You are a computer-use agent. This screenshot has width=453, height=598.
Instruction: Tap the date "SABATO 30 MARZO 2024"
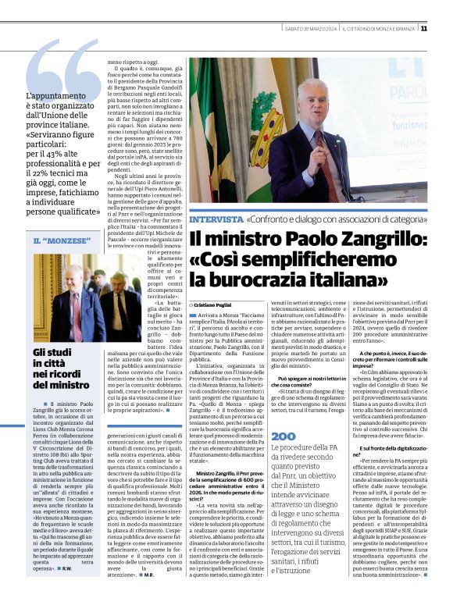pyautogui.click(x=310, y=29)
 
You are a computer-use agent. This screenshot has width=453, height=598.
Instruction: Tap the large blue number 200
pyautogui.click(x=284, y=436)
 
